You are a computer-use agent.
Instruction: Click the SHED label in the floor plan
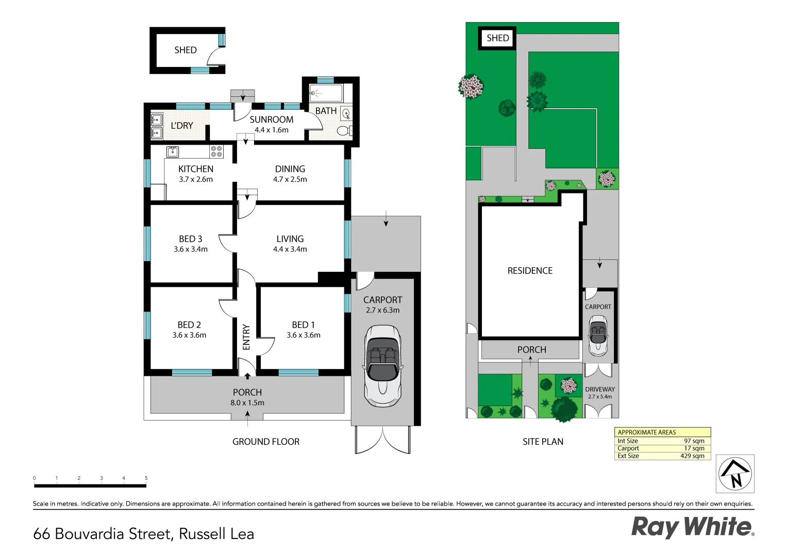186,50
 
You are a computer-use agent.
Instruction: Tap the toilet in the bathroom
344,131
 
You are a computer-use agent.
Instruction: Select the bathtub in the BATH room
326,94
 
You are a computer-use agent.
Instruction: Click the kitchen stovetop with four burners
216,151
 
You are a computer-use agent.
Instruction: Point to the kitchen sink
173,151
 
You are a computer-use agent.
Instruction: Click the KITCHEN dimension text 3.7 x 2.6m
196,179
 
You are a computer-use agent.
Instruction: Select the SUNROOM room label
272,119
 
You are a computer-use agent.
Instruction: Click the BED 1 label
303,325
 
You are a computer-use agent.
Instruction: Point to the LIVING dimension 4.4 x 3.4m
290,249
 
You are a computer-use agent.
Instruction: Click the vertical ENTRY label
246,337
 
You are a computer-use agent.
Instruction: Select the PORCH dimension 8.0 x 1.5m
247,403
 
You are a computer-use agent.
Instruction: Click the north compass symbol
735,474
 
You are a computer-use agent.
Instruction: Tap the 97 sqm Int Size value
694,441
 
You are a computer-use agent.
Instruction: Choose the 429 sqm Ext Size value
692,456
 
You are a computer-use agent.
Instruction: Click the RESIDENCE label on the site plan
530,271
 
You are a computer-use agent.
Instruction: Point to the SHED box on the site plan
497,38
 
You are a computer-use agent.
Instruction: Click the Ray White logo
692,527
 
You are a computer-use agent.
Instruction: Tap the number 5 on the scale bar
146,478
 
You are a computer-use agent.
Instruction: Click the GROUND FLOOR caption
266,442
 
